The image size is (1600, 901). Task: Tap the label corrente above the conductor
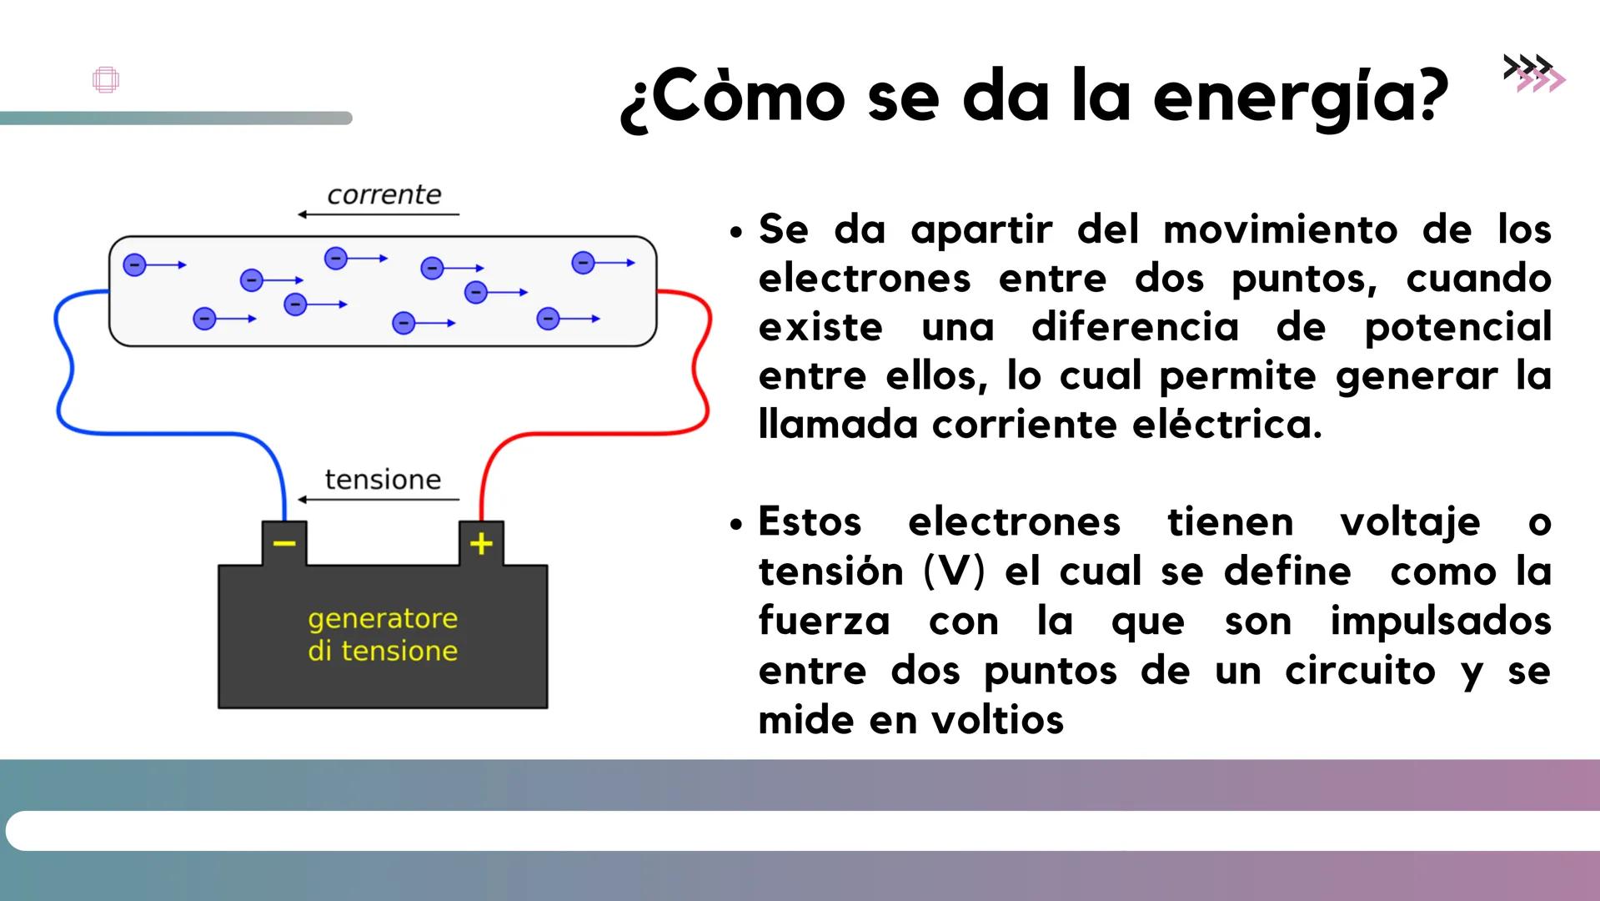pyautogui.click(x=384, y=194)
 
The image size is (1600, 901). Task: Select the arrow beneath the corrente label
pyautogui.click(x=379, y=214)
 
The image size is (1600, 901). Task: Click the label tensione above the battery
pyautogui.click(x=383, y=480)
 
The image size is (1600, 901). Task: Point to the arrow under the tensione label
pyautogui.click(x=379, y=500)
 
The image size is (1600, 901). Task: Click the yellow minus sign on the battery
pyautogui.click(x=284, y=544)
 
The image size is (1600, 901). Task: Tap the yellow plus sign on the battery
pyautogui.click(x=481, y=544)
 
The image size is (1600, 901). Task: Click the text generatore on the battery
pyautogui.click(x=383, y=618)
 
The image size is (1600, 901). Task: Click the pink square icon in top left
pyautogui.click(x=106, y=80)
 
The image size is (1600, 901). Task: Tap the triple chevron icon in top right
pyautogui.click(x=1534, y=73)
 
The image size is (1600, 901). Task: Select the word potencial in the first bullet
pyautogui.click(x=1457, y=327)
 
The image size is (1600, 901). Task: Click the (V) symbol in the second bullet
pyautogui.click(x=955, y=572)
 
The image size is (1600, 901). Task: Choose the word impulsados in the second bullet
pyautogui.click(x=1440, y=622)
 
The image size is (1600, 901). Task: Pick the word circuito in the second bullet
pyautogui.click(x=1360, y=671)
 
